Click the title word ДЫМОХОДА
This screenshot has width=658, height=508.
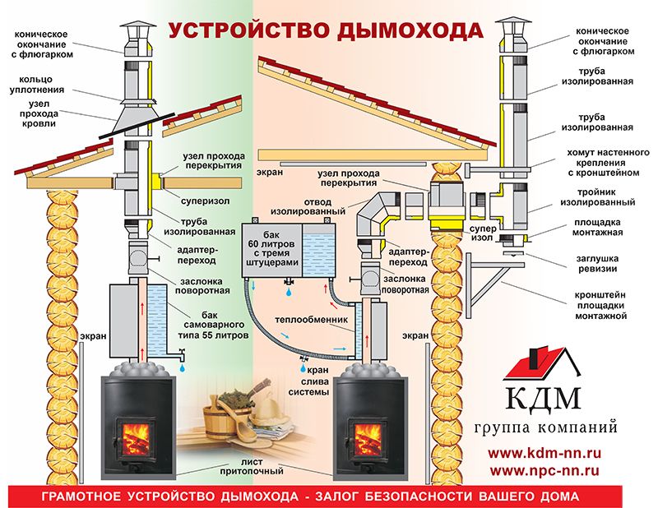(410, 31)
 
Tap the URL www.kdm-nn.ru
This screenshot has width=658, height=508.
(544, 453)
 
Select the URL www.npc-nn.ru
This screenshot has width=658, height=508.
(544, 471)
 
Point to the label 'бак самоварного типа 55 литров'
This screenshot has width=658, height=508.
(213, 325)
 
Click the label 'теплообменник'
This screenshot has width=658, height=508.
(312, 320)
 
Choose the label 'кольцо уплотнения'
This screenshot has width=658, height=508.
(37, 85)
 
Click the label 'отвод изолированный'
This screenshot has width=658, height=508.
(308, 206)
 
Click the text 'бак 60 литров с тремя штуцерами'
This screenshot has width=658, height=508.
(271, 248)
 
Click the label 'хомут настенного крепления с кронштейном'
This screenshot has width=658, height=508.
(608, 163)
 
